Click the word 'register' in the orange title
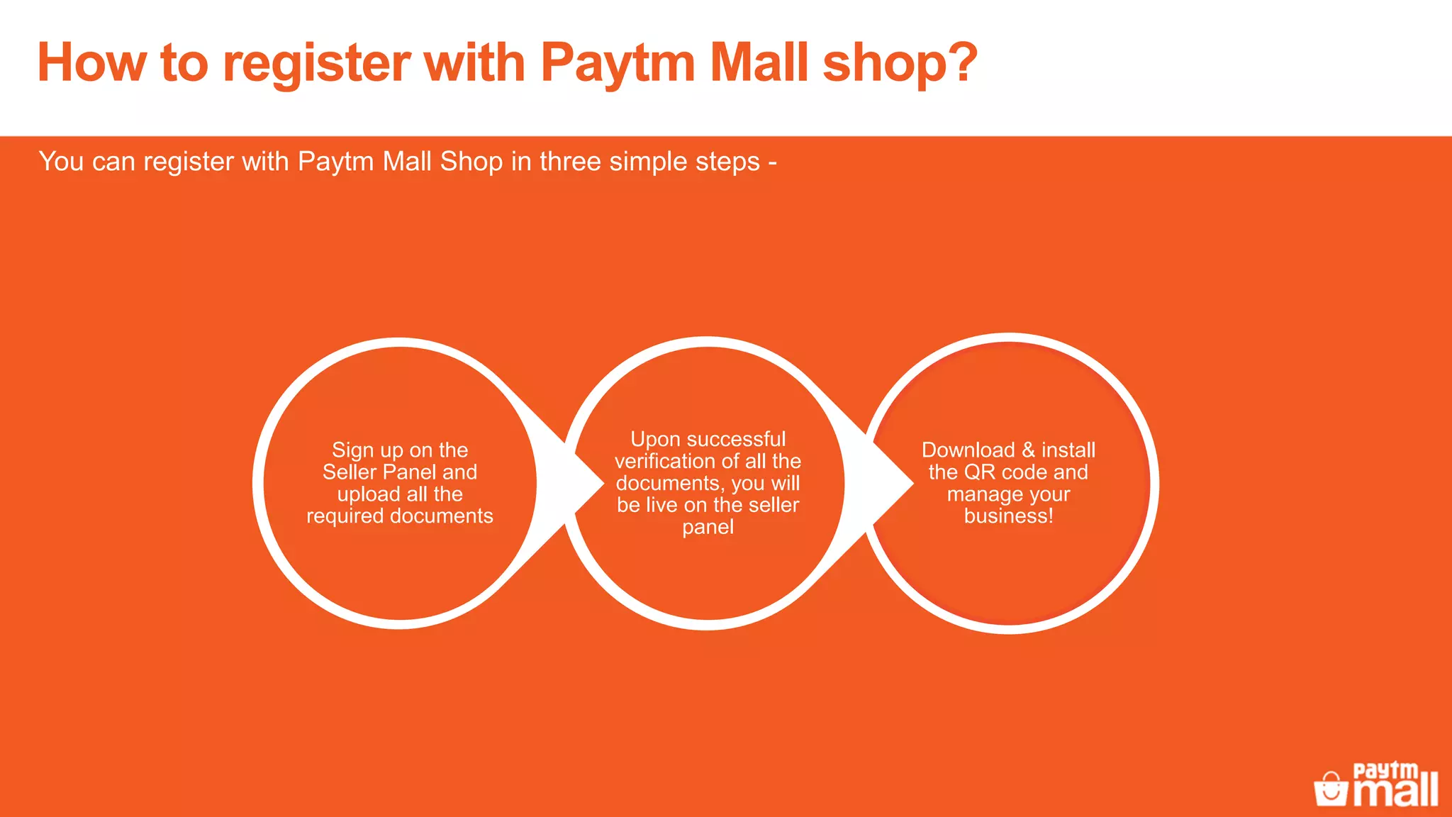316,64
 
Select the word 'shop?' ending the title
900,64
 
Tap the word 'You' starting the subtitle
61,162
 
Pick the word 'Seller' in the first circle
350,472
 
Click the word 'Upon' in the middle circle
655,440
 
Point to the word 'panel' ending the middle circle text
708,528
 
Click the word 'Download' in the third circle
968,450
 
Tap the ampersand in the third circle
1028,450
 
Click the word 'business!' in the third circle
1008,516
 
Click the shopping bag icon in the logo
1331,789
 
